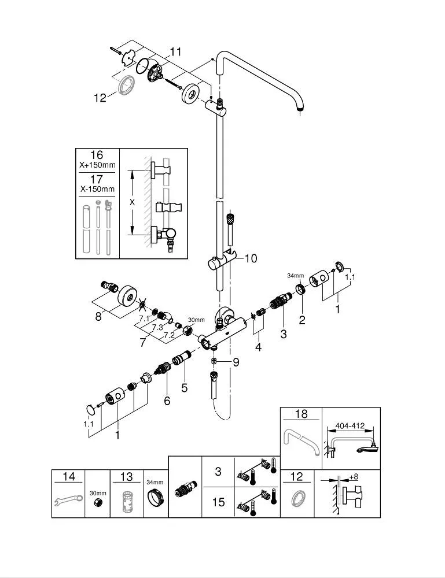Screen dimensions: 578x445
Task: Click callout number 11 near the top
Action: coord(175,52)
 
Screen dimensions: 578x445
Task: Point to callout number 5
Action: coord(184,388)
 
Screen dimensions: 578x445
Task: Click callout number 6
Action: coord(167,400)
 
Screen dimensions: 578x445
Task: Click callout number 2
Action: coord(301,320)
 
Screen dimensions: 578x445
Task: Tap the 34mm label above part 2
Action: coord(296,276)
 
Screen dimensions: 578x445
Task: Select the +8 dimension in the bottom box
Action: coord(355,477)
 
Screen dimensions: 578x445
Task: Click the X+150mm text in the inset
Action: coord(97,165)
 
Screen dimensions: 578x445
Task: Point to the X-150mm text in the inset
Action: coord(97,189)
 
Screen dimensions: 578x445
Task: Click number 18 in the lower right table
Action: coord(301,414)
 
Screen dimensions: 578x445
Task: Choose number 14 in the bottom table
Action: coord(69,477)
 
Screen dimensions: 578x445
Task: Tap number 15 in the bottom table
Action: coord(218,502)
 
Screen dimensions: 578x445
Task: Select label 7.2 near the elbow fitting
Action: coord(168,334)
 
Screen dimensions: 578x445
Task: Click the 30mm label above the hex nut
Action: coord(196,320)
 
